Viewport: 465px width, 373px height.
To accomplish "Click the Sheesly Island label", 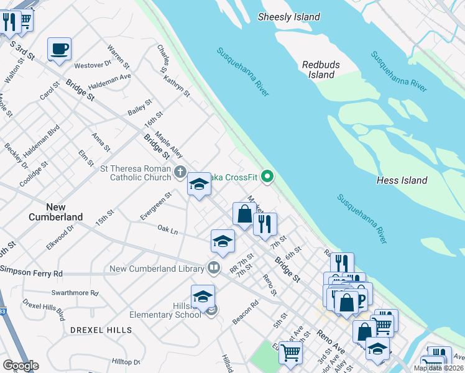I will tap(289, 17).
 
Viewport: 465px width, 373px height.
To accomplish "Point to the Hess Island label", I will tap(402, 180).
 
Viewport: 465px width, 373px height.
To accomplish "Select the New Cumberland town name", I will tap(55, 211).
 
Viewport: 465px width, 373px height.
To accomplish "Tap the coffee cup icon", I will tap(59, 48).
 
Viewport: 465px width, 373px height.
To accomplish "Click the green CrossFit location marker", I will tap(268, 177).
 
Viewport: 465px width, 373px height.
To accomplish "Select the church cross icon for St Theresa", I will tap(180, 172).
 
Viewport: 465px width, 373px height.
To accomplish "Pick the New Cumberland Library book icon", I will tap(213, 268).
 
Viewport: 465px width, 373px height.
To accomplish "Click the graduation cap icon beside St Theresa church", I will tap(199, 184).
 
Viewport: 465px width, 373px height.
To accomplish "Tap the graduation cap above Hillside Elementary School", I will tap(203, 297).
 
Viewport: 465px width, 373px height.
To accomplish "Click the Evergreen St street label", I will tap(155, 206).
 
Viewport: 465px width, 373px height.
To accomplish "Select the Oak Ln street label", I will tap(167, 231).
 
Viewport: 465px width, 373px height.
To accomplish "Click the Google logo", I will tap(21, 366).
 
